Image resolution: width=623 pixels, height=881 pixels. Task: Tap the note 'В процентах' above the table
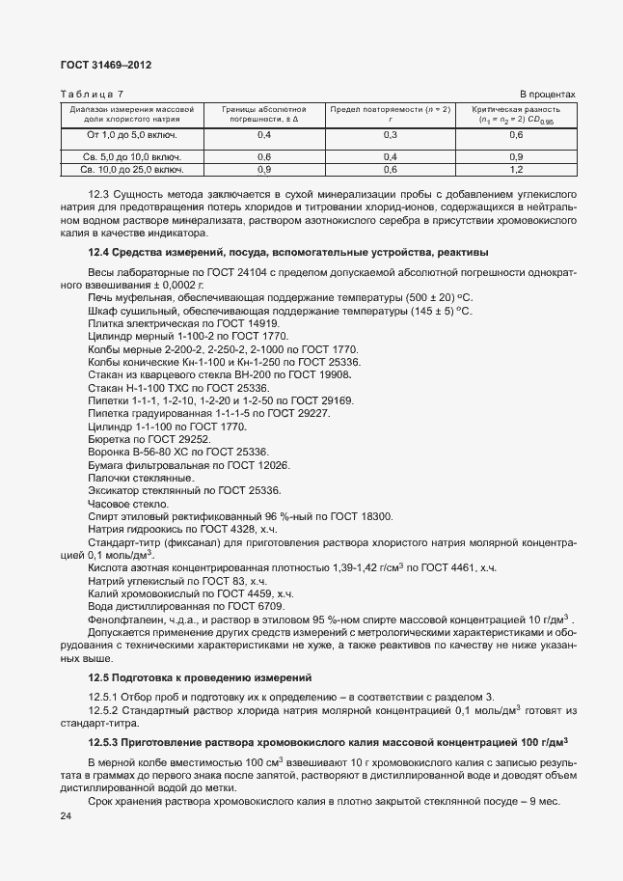(548, 95)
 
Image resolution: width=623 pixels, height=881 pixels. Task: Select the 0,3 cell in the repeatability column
(391, 135)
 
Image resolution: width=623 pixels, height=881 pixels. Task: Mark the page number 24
(66, 817)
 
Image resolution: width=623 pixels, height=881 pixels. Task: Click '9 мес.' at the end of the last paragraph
(557, 803)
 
